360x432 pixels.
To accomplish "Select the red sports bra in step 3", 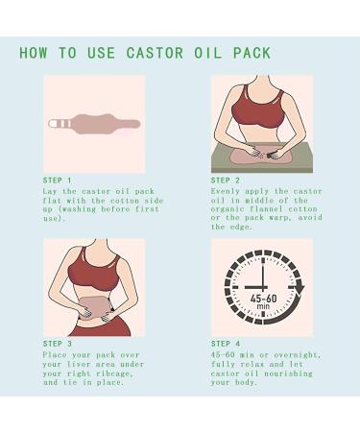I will click(x=96, y=259).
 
